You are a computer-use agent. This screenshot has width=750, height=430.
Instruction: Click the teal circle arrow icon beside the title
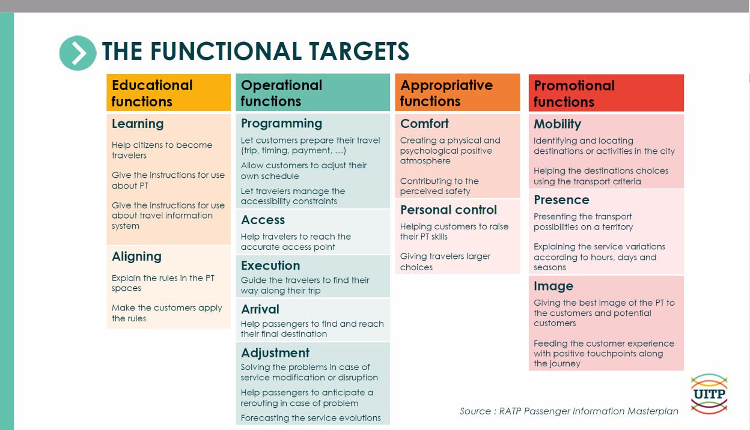tap(78, 53)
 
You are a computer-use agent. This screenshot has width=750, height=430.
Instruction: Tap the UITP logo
tap(709, 393)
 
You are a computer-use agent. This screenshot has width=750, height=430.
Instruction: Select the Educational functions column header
tap(168, 92)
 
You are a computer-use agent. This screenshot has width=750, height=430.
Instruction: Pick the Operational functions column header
tap(312, 92)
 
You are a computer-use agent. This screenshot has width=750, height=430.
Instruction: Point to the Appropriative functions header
tap(457, 92)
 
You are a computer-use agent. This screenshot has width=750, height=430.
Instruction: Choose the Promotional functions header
tap(606, 92)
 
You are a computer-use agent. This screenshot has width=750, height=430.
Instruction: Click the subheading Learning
tap(138, 124)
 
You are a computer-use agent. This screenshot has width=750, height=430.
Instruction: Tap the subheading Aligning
tap(136, 256)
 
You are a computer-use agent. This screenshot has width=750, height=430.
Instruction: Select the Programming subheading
tap(282, 124)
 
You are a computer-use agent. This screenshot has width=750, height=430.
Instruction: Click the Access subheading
tap(263, 220)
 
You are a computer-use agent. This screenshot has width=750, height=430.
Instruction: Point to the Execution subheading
tap(270, 265)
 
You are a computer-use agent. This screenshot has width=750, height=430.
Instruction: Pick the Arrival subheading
tap(260, 309)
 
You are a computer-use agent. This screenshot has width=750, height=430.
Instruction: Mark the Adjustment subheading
tap(275, 353)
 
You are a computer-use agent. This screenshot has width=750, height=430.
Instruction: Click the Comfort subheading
tap(424, 124)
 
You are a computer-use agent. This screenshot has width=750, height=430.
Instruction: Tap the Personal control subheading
tap(449, 210)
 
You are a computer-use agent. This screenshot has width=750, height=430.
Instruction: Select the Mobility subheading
tap(558, 124)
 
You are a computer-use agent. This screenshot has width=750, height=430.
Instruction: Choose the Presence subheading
tap(561, 200)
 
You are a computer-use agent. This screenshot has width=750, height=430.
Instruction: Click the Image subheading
tap(553, 286)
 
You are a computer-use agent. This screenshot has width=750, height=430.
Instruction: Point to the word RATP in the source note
tap(510, 411)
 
